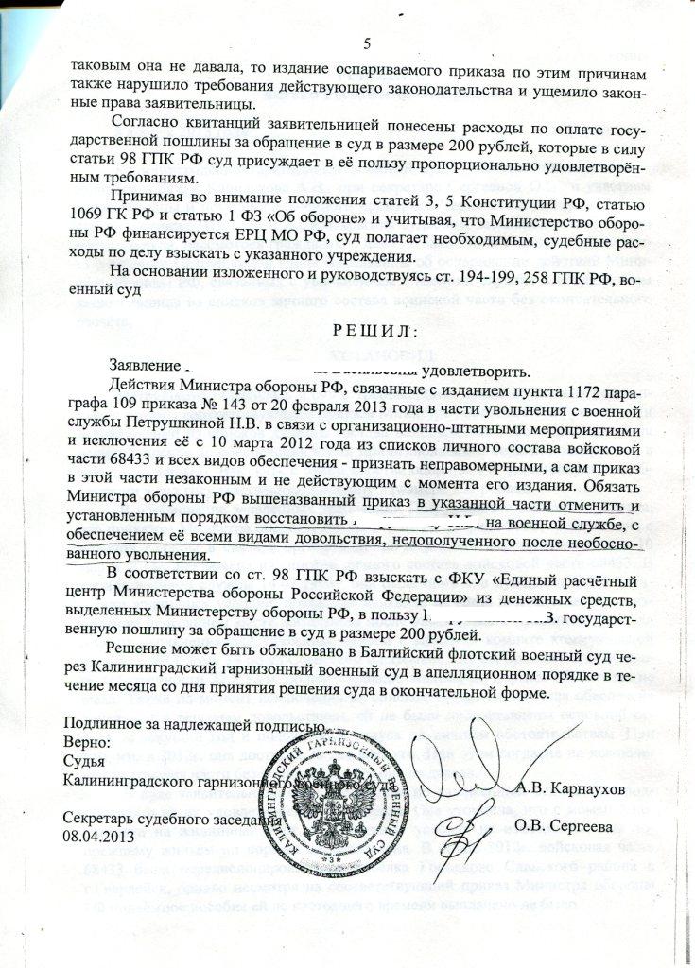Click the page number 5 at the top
[369, 42]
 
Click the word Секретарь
[98, 818]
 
